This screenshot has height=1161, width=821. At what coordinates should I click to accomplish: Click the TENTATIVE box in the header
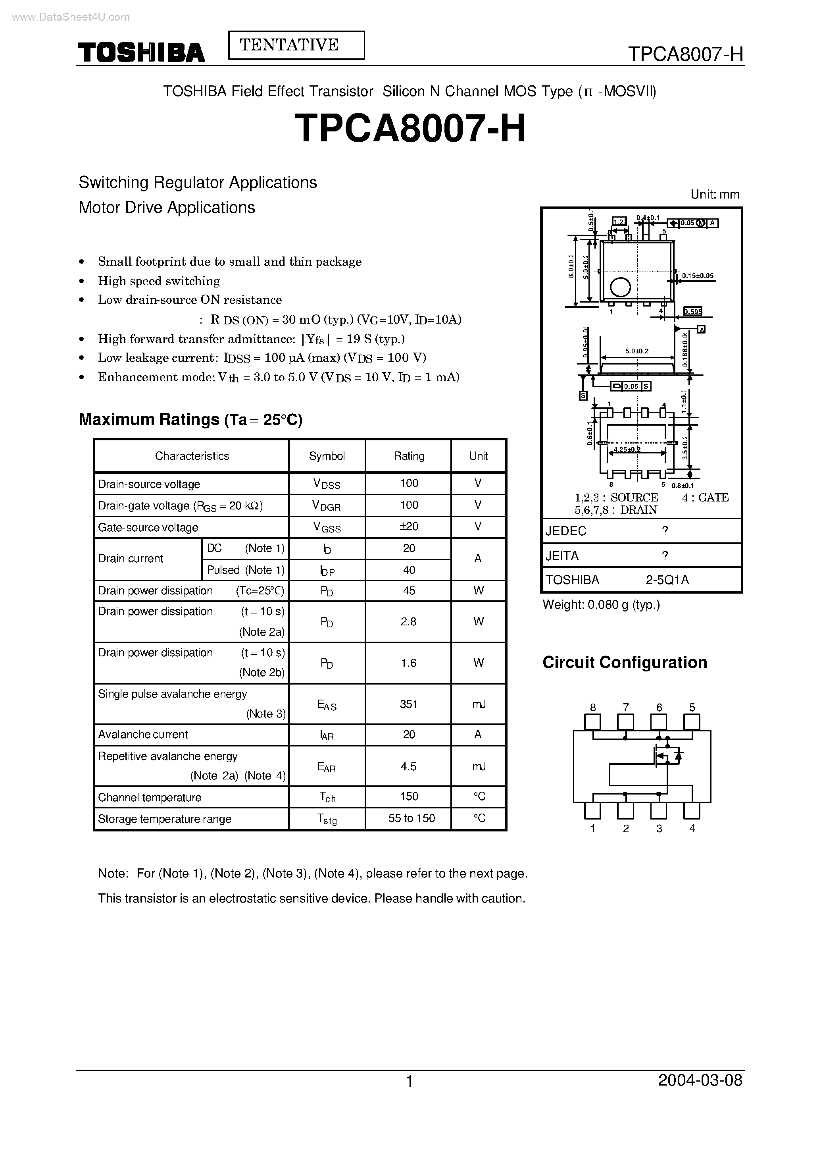click(296, 45)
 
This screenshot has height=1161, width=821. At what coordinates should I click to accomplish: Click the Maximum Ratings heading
click(190, 419)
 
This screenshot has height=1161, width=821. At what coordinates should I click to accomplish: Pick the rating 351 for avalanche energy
click(408, 704)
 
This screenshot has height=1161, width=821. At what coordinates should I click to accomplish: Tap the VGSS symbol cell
click(327, 527)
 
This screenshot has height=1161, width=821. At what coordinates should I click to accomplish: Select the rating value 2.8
click(408, 622)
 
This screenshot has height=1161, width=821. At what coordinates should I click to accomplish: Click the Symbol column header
click(327, 456)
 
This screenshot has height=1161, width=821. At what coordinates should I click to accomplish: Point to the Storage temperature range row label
click(165, 818)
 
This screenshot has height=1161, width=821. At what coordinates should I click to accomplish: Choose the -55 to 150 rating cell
click(408, 818)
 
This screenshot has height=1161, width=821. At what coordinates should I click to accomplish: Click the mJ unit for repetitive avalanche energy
click(478, 766)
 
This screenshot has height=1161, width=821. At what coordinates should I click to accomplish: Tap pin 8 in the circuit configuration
click(592, 722)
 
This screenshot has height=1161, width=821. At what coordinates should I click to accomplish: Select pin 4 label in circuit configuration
click(692, 829)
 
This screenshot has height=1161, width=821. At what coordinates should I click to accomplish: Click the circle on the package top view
click(620, 287)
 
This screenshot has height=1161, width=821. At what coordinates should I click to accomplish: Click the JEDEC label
click(566, 531)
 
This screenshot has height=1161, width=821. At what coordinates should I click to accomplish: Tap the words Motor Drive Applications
click(167, 207)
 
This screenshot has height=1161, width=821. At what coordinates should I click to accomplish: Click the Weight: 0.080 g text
click(601, 605)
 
